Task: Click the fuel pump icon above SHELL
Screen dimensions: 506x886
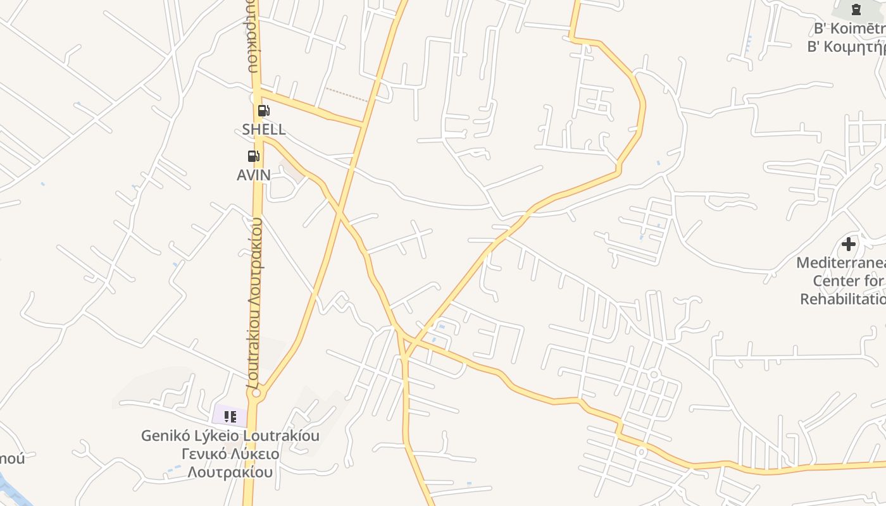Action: coord(263,111)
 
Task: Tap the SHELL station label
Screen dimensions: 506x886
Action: coord(264,130)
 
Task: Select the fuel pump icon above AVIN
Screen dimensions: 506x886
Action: coord(253,156)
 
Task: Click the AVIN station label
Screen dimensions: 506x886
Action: coord(253,175)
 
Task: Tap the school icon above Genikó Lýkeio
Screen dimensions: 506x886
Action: coord(230,417)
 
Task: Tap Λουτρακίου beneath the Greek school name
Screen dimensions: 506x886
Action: coord(230,472)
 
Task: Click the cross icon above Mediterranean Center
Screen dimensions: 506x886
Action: coord(849,244)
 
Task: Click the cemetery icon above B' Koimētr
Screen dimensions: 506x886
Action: coord(856,9)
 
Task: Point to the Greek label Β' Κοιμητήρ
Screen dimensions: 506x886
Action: coord(845,46)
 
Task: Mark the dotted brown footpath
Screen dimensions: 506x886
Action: coord(346,95)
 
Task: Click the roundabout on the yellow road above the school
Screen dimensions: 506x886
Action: coord(256,393)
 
